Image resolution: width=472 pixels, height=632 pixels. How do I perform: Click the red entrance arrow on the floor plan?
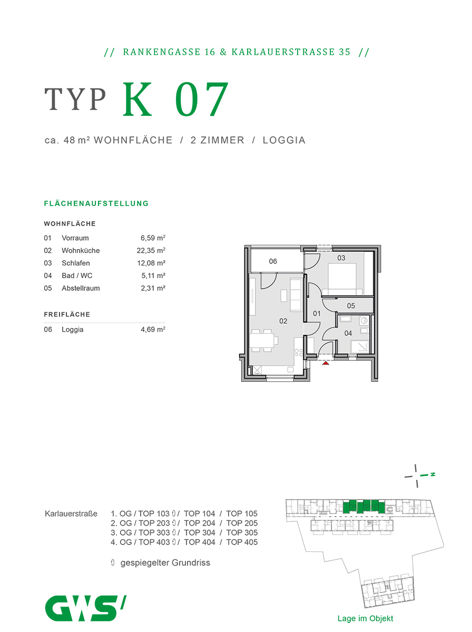click(x=326, y=362)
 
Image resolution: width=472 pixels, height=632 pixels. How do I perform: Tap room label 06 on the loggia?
click(x=273, y=261)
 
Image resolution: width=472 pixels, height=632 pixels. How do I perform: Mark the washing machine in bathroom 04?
click(x=364, y=321)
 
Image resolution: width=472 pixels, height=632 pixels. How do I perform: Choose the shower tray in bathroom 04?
click(x=361, y=347)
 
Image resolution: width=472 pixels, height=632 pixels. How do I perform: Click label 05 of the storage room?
click(x=351, y=306)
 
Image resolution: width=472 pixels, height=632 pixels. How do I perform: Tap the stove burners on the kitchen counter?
click(x=299, y=354)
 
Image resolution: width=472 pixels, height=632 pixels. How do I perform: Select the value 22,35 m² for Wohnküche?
click(x=151, y=251)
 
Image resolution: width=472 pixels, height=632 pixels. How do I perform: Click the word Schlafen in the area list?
click(x=76, y=263)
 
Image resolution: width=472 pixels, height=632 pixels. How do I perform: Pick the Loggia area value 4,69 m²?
click(x=152, y=330)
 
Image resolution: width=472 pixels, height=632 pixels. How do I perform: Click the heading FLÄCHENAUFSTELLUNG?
click(x=96, y=203)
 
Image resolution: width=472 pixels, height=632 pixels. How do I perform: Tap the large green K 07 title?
click(x=176, y=100)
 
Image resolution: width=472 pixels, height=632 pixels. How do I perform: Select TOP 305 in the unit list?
click(x=242, y=532)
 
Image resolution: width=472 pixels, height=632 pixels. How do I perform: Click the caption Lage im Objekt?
click(x=365, y=619)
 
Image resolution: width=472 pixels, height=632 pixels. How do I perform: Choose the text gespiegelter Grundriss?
click(x=165, y=563)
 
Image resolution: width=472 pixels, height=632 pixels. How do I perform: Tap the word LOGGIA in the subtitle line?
click(x=284, y=140)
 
